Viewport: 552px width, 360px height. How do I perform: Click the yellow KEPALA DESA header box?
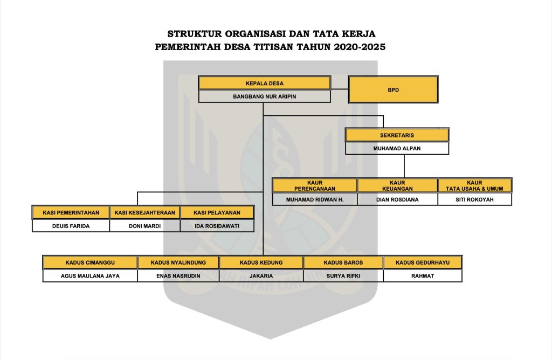(264, 84)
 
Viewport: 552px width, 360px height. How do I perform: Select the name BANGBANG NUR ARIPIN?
(264, 96)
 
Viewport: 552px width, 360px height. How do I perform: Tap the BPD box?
(393, 89)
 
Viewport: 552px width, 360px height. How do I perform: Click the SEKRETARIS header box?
(397, 135)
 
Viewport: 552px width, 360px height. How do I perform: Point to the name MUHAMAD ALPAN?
(397, 148)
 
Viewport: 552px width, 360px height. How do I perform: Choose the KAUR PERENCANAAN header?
(315, 185)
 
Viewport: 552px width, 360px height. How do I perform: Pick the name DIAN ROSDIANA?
(397, 199)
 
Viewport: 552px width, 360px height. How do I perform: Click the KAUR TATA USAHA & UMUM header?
(475, 185)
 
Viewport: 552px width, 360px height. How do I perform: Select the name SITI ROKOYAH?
(475, 199)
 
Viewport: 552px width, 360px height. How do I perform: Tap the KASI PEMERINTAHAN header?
(71, 213)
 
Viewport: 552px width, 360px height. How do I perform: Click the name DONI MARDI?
(144, 226)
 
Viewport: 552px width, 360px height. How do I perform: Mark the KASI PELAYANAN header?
(217, 213)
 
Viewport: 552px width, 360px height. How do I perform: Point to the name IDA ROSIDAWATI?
(217, 226)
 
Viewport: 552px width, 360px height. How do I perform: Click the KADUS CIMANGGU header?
(90, 262)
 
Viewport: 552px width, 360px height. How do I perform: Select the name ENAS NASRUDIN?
(178, 276)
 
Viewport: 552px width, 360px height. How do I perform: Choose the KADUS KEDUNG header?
(261, 262)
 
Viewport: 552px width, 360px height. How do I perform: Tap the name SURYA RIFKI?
(343, 276)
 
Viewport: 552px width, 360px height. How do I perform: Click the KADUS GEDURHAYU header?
(423, 262)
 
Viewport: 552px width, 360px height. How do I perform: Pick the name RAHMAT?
(423, 276)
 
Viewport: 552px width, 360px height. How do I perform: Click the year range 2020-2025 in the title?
(360, 47)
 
